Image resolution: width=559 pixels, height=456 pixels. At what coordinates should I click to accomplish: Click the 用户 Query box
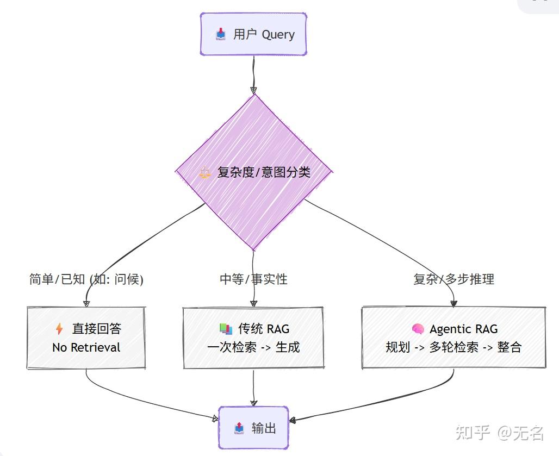point(253,34)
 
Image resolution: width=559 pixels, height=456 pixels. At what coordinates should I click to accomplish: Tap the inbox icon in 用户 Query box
point(220,35)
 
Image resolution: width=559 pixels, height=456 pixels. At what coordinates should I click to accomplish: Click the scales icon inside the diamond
point(204,173)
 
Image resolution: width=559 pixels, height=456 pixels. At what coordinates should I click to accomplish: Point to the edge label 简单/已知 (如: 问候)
point(86,279)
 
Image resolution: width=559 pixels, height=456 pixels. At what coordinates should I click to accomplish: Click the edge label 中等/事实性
point(253,279)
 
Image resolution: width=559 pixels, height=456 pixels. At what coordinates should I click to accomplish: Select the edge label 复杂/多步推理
point(454,279)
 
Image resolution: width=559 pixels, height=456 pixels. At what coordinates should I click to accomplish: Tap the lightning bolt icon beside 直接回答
point(59,329)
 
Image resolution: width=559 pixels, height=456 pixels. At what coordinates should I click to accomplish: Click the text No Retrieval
point(86,347)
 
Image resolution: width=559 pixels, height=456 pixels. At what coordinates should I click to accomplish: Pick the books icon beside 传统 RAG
point(225,329)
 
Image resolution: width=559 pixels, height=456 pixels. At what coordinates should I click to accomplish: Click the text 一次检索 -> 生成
point(253,347)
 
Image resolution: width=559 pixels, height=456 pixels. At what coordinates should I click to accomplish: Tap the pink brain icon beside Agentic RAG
point(418,329)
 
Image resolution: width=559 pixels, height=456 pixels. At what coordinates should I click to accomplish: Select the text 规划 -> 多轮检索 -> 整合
point(454,347)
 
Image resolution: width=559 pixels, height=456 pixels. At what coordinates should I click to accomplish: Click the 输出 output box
point(253,428)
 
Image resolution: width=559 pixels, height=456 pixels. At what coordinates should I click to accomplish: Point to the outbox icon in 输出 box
point(239,428)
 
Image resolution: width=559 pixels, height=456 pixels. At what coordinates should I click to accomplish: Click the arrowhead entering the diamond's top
point(253,90)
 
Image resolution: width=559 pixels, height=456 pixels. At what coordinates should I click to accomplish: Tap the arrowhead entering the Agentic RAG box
point(454,303)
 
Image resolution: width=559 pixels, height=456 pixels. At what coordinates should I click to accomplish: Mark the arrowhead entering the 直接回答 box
point(86,303)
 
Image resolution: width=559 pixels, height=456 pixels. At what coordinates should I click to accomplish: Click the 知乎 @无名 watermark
point(499,433)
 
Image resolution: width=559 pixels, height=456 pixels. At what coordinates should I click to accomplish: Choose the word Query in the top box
point(278,35)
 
